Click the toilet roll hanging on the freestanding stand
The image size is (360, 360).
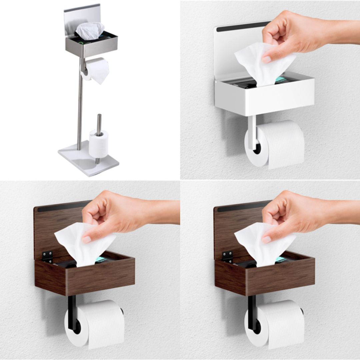98,70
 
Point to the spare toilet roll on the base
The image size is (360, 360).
99,144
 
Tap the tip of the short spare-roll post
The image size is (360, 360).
99,116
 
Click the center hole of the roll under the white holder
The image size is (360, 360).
257,148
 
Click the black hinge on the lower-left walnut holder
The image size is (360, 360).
47,256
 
